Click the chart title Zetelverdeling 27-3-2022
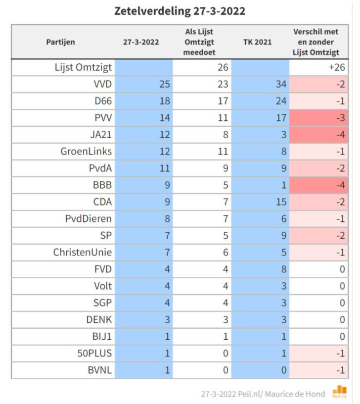180,11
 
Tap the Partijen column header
60,42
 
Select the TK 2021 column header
257,42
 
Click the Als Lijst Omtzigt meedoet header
199,42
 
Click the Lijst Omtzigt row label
83,67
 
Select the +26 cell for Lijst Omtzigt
337,67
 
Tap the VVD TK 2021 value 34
281,84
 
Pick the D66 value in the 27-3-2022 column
165,101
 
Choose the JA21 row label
101,135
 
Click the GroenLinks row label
86,151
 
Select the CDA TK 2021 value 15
281,202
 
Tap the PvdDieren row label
88,218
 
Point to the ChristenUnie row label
83,252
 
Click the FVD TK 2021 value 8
283,269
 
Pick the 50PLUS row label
94,353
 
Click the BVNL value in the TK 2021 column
283,370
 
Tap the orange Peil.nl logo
339,392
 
